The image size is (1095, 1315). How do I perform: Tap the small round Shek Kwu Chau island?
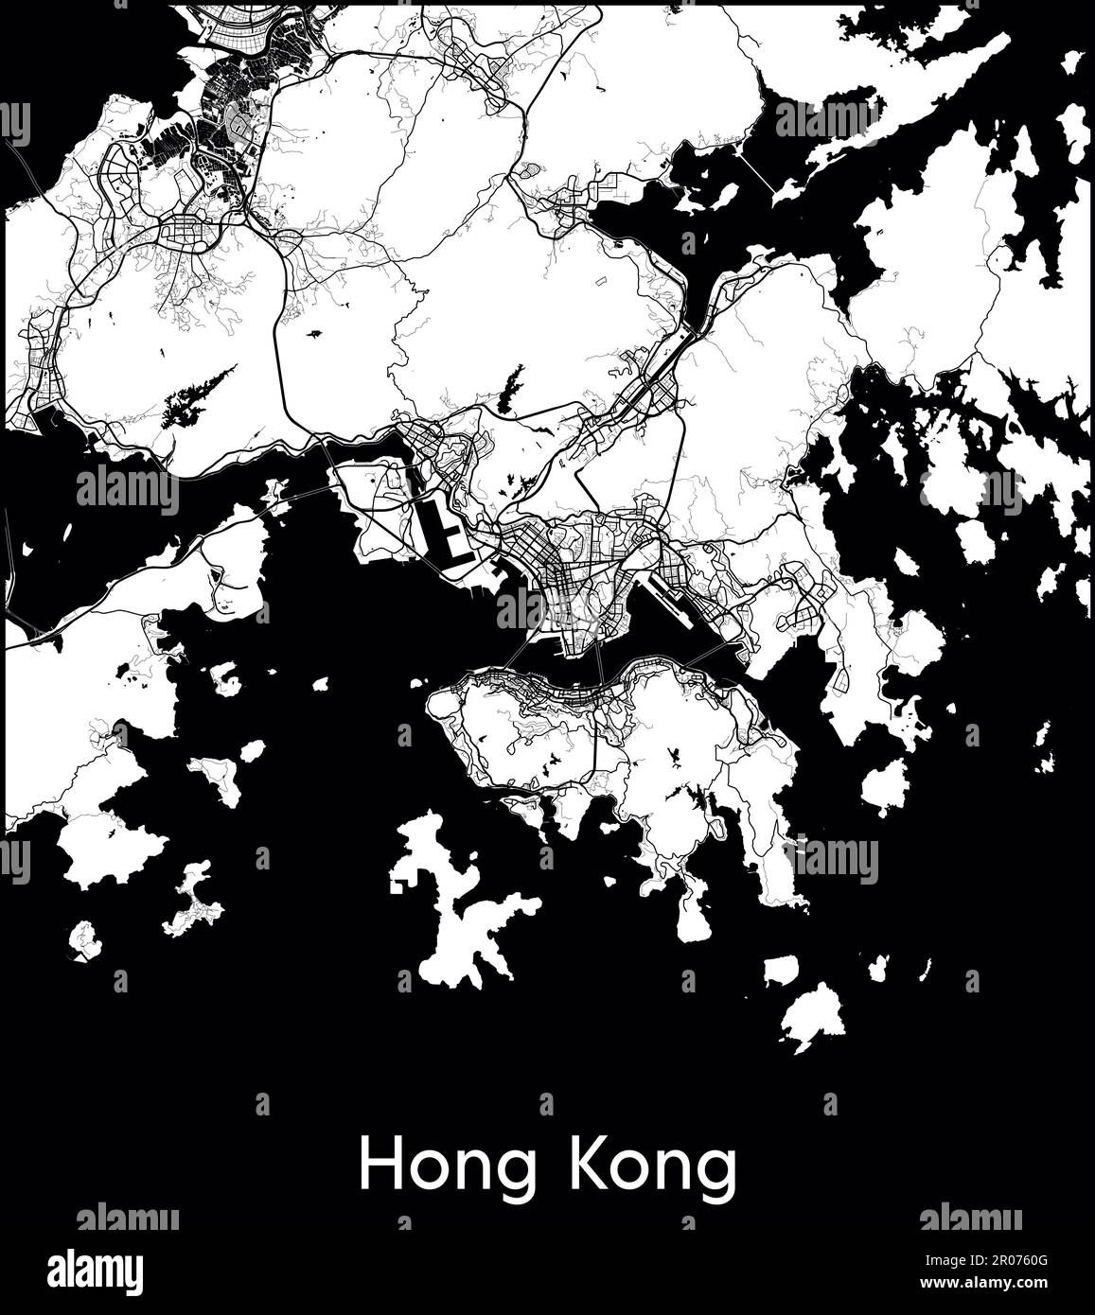tap(85, 938)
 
